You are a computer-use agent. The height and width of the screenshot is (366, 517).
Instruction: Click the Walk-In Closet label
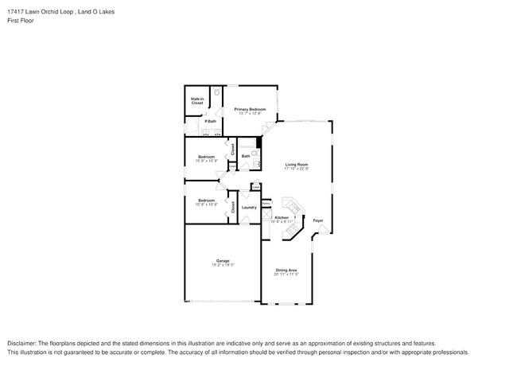pos(196,102)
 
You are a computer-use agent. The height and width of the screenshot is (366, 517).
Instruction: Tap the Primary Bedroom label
pos(250,109)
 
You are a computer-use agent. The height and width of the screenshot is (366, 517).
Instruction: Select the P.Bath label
pos(210,121)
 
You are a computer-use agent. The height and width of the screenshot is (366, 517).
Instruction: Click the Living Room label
pos(297,165)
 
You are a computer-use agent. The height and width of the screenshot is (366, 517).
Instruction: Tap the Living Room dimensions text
pos(297,169)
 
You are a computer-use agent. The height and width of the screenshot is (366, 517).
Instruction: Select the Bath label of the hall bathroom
pos(246,156)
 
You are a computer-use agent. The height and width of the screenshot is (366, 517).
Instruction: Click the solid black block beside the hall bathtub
pos(258,142)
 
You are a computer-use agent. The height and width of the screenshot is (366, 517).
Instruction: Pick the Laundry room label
pos(249,208)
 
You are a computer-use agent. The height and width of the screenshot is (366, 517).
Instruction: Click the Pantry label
pos(266,203)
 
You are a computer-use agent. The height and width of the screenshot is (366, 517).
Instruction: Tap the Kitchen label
pos(282,217)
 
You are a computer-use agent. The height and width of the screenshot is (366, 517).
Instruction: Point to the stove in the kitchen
pos(293,232)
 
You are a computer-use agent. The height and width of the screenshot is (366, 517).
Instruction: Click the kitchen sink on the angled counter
pos(294,208)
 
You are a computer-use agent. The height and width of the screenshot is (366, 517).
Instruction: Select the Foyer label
pos(317,220)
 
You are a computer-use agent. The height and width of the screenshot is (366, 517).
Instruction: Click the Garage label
pos(223,260)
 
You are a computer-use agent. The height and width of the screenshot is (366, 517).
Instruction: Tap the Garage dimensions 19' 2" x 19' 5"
pos(223,265)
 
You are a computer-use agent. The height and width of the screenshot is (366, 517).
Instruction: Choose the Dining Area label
pos(286,271)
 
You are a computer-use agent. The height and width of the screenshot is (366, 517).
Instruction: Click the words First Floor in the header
pos(17,21)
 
